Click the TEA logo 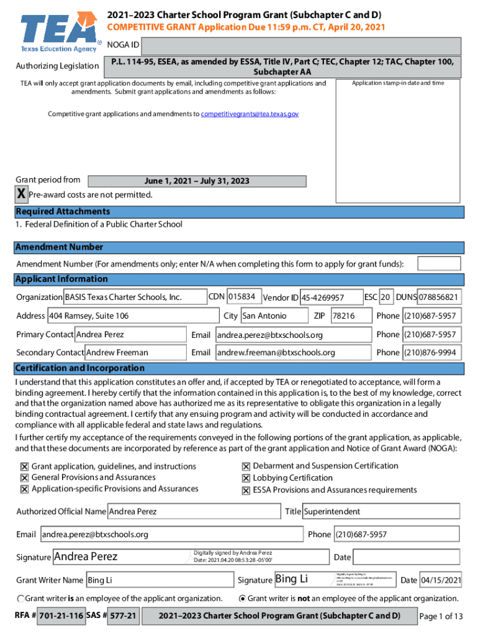(58, 33)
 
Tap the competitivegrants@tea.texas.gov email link (250, 114)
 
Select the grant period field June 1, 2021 (197, 181)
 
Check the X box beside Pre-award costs (21, 195)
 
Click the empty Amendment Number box (439, 264)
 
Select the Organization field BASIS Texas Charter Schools (135, 298)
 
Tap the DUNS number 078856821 (439, 298)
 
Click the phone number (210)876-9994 (431, 353)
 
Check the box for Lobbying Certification (246, 478)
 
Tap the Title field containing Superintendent (381, 512)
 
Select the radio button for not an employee (242, 599)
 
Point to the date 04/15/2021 (440, 580)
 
